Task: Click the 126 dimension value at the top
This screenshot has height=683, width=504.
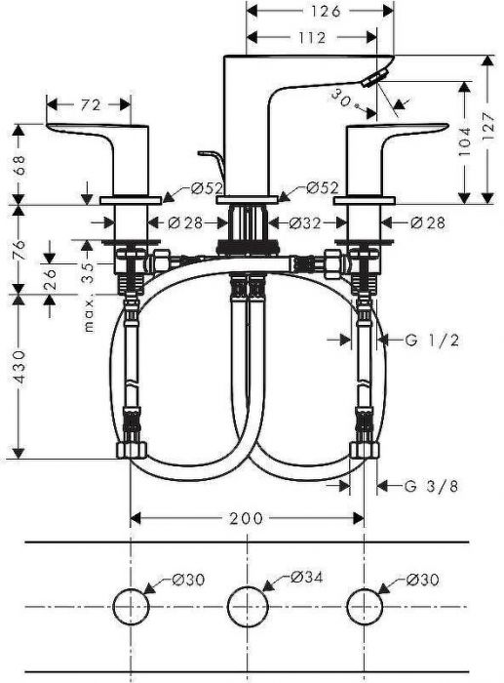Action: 326,11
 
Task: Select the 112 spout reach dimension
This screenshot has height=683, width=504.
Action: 312,37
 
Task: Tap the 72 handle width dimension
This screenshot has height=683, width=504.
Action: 91,104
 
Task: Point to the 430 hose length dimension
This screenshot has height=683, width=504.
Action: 20,367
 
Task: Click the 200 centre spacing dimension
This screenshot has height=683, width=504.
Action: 247,518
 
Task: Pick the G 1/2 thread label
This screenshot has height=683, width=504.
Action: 432,340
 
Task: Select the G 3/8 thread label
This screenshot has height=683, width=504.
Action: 431,486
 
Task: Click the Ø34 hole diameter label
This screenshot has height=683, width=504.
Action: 307,578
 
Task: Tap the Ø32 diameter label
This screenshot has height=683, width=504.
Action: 305,223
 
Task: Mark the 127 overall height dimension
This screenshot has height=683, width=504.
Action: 488,126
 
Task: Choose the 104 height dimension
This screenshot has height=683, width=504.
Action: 465,141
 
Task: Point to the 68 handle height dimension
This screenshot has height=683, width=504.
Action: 20,165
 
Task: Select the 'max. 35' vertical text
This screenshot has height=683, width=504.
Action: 89,297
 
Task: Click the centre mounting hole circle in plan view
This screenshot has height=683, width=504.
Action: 248,606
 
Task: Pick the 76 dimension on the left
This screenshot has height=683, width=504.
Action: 20,250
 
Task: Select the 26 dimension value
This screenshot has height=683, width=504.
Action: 50,279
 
